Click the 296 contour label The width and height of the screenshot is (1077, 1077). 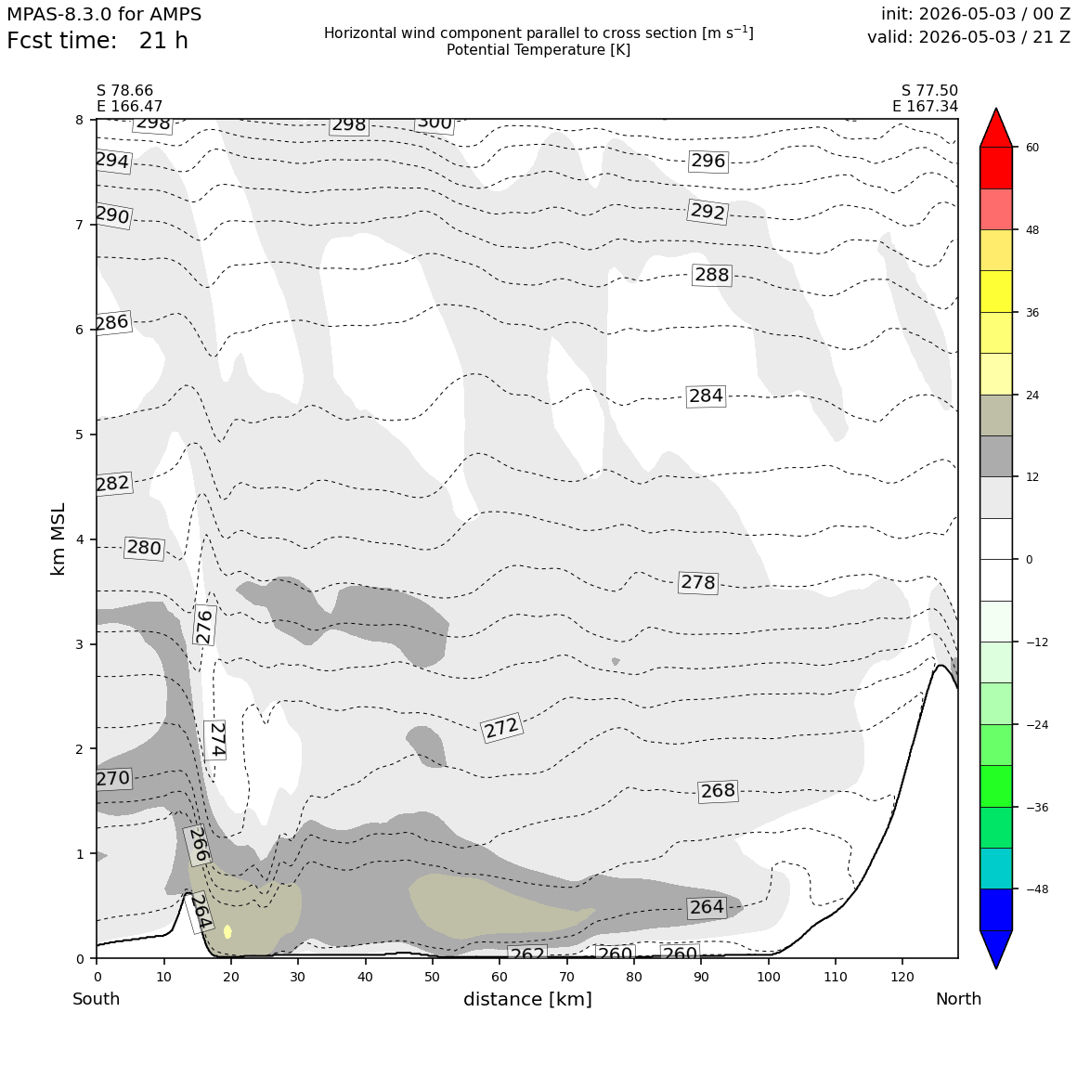click(x=707, y=161)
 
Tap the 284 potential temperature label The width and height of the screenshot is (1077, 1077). click(x=707, y=396)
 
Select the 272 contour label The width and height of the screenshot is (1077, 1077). click(x=501, y=727)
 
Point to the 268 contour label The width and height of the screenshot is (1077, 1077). click(x=718, y=791)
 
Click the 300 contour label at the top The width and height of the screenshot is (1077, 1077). click(x=435, y=123)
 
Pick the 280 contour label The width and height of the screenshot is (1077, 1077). click(x=144, y=548)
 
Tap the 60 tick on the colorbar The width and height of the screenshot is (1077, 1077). click(x=1032, y=147)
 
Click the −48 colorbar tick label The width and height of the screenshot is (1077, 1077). click(x=1036, y=889)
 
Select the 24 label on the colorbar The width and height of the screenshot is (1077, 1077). click(x=1032, y=395)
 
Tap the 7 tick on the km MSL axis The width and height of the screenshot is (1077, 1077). click(x=80, y=225)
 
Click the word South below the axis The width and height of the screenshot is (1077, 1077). click(x=97, y=999)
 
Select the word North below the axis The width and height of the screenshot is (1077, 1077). click(x=958, y=999)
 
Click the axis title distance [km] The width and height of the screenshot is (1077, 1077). click(x=527, y=999)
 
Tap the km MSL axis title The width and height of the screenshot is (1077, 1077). click(x=58, y=539)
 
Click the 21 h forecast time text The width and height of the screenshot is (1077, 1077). click(x=163, y=41)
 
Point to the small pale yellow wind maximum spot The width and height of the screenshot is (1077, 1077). click(x=227, y=931)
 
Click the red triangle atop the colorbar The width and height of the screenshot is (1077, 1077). click(x=996, y=127)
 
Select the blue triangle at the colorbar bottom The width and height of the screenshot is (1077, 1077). click(x=996, y=949)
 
